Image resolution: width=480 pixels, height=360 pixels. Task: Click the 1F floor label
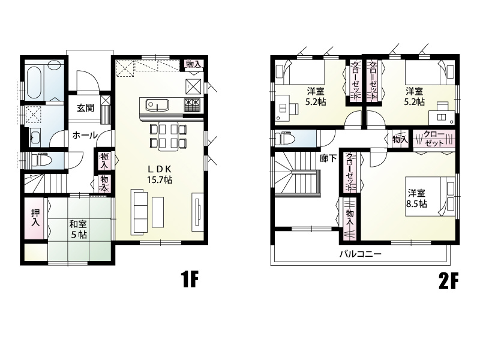(190, 280)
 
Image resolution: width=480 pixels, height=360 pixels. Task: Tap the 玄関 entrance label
(85, 108)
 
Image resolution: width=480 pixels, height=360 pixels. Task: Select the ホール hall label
(85, 135)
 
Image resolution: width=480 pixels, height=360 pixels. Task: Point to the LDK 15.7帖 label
(160, 174)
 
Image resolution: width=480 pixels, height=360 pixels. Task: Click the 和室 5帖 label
(78, 229)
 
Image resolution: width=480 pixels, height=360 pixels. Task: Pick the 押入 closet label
(35, 218)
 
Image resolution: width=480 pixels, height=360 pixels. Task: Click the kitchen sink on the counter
(157, 105)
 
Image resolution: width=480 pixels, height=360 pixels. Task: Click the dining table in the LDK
(168, 136)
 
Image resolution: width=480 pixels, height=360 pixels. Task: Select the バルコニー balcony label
(361, 254)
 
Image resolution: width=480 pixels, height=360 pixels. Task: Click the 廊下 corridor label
(328, 158)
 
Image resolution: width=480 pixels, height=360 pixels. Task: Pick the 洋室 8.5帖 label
(416, 199)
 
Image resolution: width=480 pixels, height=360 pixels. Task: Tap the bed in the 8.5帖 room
(431, 196)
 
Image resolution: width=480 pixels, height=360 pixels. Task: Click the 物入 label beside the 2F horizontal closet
(400, 140)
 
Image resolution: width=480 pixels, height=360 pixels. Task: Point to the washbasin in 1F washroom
(37, 137)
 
